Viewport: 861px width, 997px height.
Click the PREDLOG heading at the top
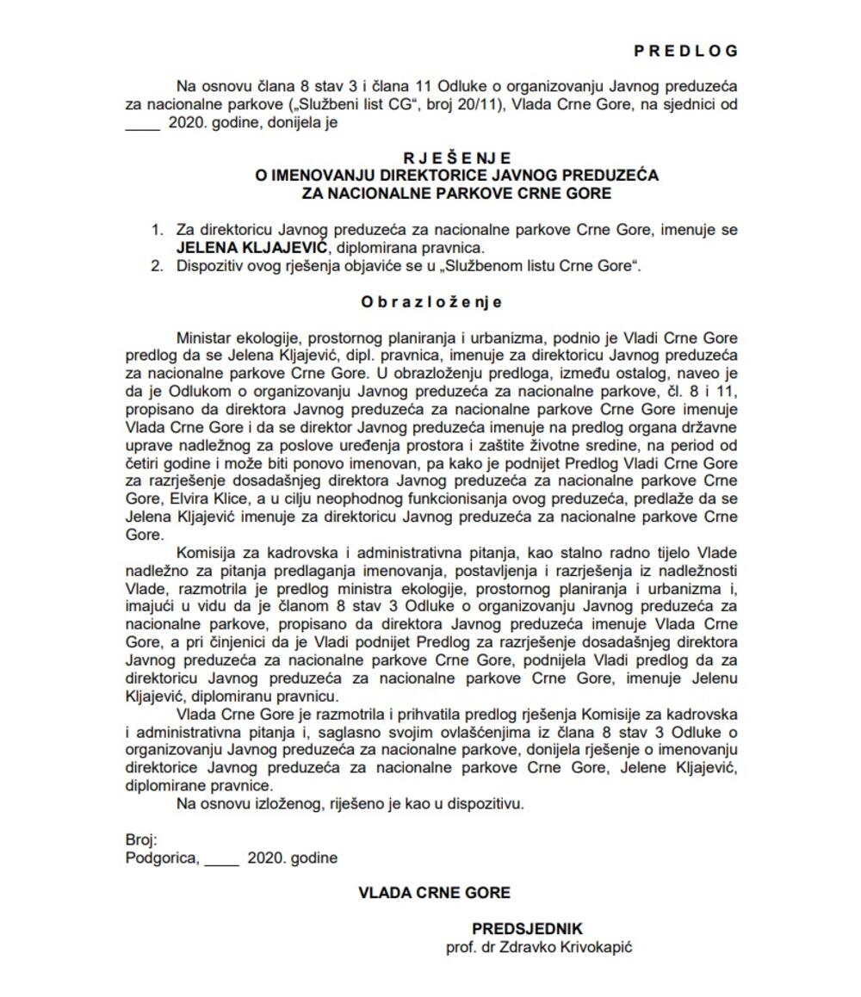coord(685,51)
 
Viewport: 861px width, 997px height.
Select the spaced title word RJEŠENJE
coord(456,158)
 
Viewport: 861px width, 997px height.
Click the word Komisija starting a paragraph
coord(208,553)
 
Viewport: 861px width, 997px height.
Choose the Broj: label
coord(141,839)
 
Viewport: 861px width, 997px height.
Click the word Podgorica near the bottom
coord(162,858)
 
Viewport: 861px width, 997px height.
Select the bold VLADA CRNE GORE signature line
coord(434,893)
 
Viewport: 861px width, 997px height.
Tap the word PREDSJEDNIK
coord(527,929)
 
